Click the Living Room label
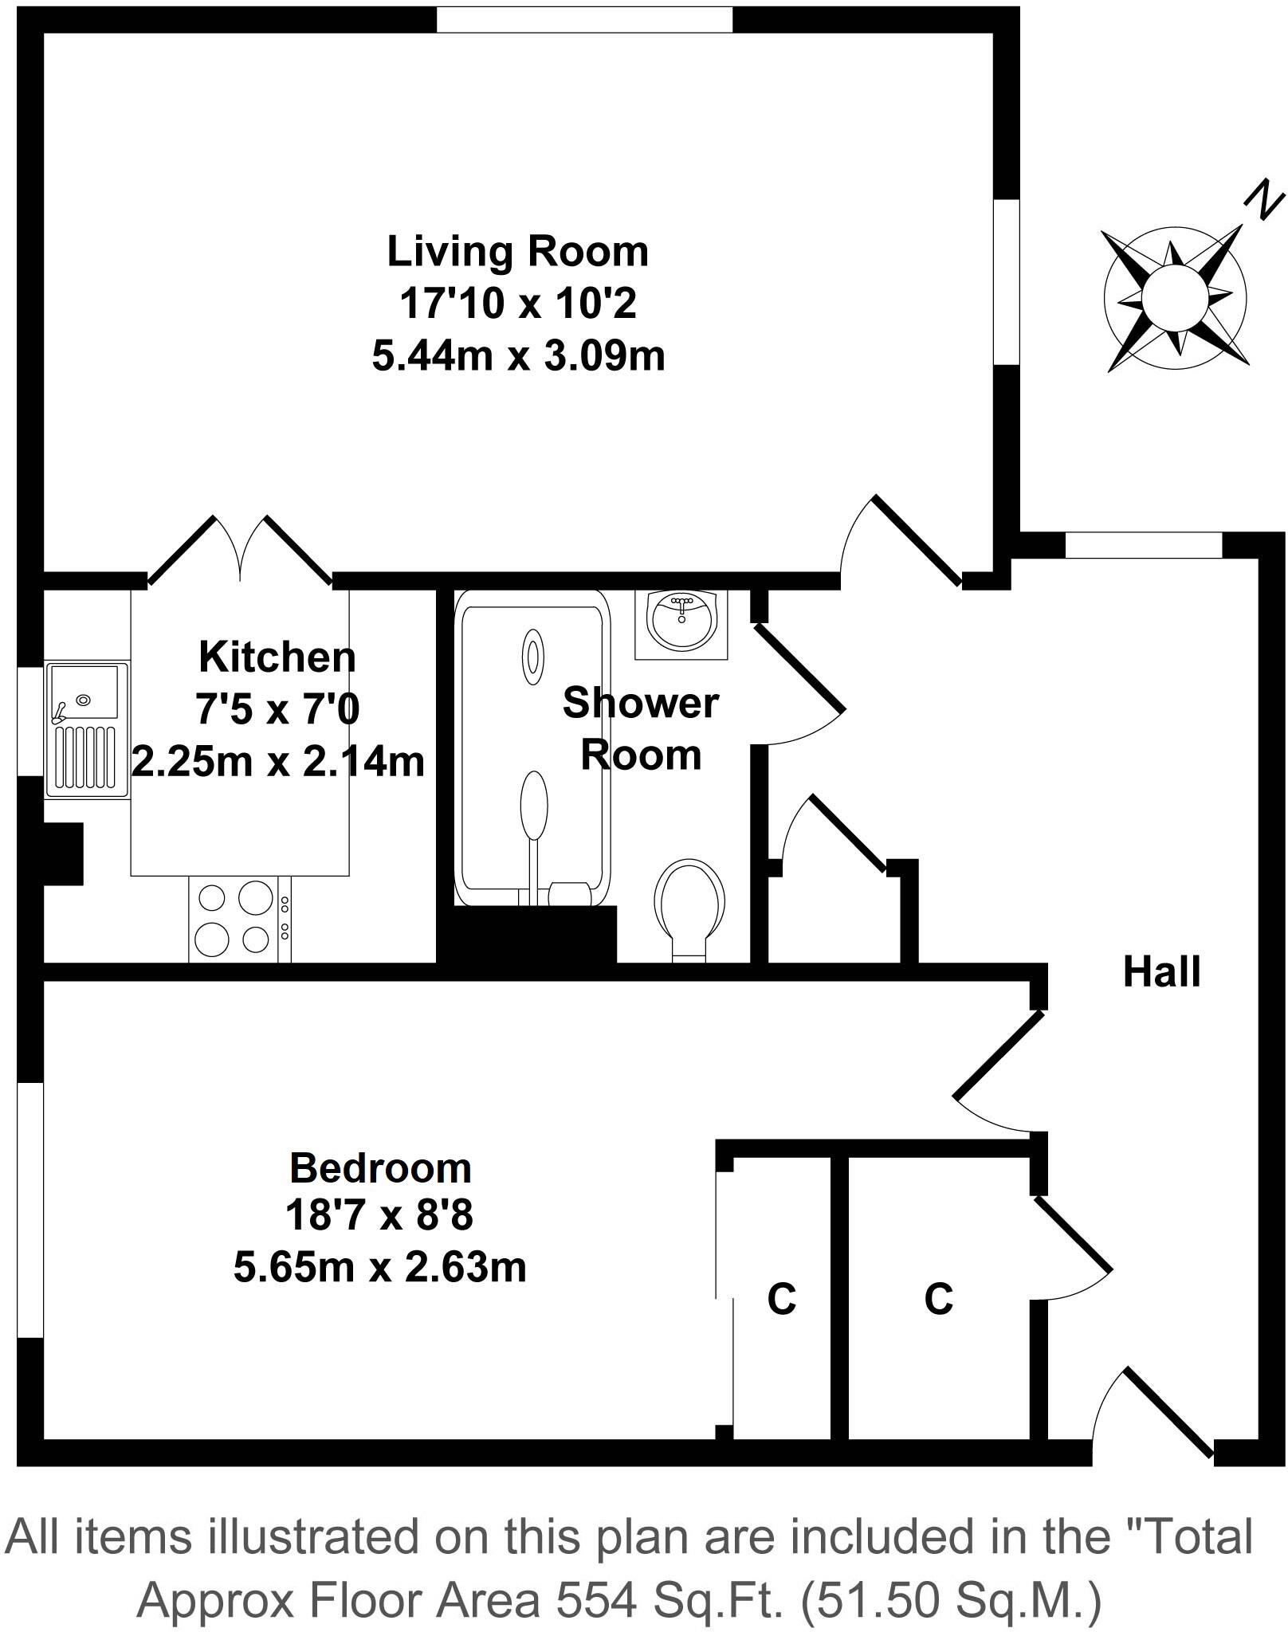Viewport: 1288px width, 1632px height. tap(518, 252)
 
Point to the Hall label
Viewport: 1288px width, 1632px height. tap(1161, 972)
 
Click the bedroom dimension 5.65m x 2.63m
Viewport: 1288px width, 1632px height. tap(380, 1267)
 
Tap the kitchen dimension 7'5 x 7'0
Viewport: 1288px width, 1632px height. tap(278, 709)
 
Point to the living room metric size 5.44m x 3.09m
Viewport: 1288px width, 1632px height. tap(518, 356)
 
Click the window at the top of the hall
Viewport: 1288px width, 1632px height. tap(1143, 545)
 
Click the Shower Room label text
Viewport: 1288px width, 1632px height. tap(640, 728)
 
